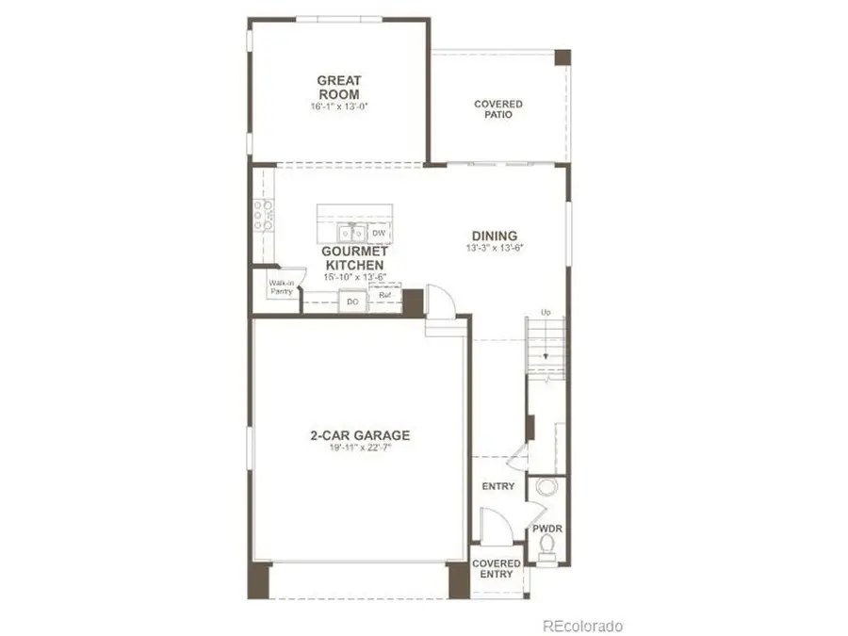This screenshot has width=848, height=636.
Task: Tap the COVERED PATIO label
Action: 498,109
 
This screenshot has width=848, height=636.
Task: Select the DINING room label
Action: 495,236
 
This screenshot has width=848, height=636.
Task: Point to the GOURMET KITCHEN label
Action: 352,259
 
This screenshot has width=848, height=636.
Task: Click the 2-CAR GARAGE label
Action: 360,435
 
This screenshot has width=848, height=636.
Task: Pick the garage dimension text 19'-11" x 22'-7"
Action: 360,448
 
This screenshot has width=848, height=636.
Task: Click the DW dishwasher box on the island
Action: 379,233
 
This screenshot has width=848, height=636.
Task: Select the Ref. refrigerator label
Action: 384,296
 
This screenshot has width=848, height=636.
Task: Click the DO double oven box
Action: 353,302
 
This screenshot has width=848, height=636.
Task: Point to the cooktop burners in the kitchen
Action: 263,216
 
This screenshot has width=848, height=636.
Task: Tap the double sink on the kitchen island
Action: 352,232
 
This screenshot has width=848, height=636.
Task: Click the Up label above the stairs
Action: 546,312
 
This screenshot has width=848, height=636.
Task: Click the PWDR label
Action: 546,529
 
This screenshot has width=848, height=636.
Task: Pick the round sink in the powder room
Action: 546,488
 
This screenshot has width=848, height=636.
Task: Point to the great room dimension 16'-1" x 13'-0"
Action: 339,106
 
